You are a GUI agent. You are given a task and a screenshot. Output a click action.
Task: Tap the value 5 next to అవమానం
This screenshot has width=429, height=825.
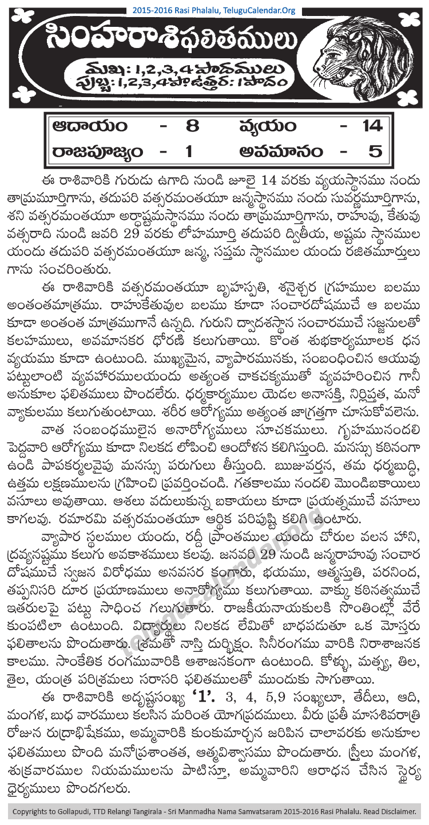[x=375, y=153]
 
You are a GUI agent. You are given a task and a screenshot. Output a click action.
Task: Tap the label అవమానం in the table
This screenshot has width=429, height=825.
[x=280, y=153]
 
